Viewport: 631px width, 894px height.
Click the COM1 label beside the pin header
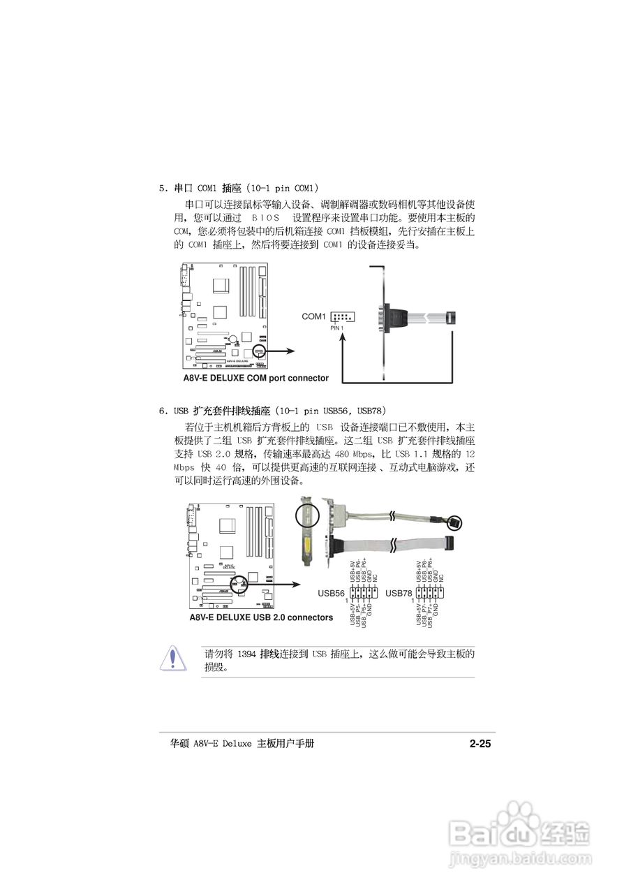(x=313, y=316)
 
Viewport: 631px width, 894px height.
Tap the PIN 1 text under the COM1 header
(x=337, y=328)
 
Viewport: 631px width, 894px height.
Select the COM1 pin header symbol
(x=341, y=317)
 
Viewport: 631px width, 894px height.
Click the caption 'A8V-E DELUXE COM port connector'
(x=255, y=378)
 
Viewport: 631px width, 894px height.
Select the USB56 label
(x=332, y=593)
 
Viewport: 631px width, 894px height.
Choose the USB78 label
(x=399, y=593)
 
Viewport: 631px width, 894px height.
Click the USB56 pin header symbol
(x=363, y=593)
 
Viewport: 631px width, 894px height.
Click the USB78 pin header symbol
(x=430, y=593)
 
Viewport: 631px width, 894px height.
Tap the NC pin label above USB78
(x=442, y=577)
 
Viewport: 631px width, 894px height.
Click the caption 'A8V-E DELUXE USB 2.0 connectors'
(x=261, y=617)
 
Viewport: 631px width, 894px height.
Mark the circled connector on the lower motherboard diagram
(x=242, y=582)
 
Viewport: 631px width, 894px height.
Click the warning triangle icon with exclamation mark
(x=173, y=658)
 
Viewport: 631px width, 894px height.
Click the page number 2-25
(x=480, y=745)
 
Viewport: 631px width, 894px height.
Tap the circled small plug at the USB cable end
(x=454, y=522)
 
